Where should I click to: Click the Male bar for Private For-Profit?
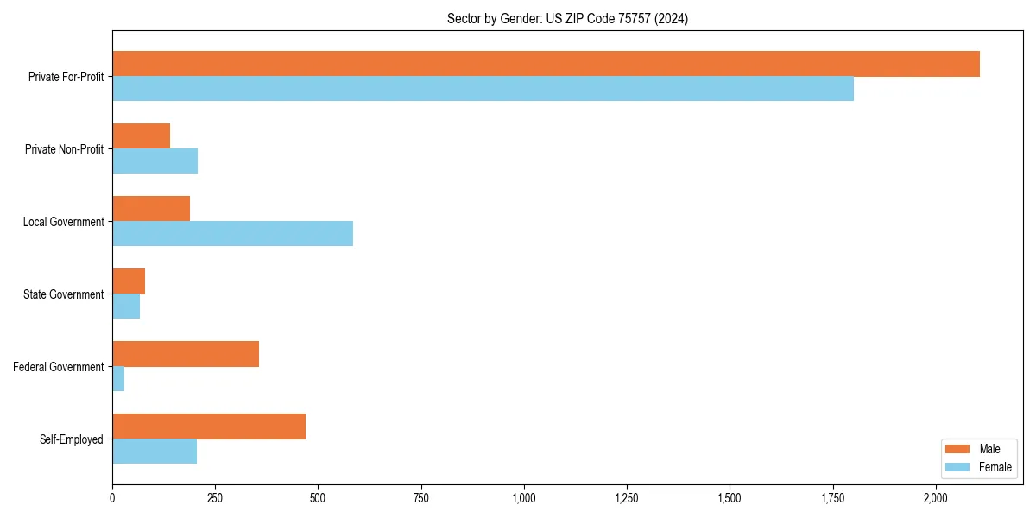coord(546,64)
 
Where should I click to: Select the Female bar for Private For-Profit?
coord(483,89)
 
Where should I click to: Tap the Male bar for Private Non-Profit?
coord(141,136)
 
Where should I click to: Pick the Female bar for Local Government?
coord(232,234)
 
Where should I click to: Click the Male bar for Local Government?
coord(151,209)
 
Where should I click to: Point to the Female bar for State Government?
coord(126,306)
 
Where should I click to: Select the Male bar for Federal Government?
coord(186,354)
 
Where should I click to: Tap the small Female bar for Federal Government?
coord(118,379)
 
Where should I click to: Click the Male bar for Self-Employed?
coord(209,426)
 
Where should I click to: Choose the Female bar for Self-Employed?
coord(155,452)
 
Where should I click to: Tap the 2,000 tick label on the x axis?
coord(936,498)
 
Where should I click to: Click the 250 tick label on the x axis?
coord(215,498)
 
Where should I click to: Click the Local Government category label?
coord(63,222)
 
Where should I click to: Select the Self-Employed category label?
coord(71,439)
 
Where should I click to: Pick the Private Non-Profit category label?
coord(64,149)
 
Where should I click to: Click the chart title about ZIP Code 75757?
coord(567,18)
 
